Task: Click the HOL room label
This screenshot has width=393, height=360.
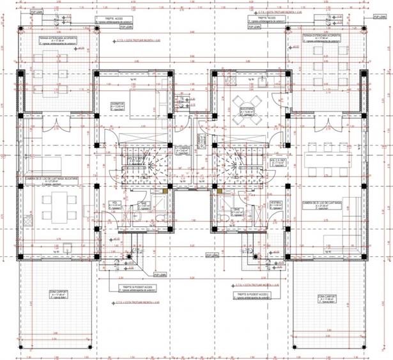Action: [116, 203]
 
